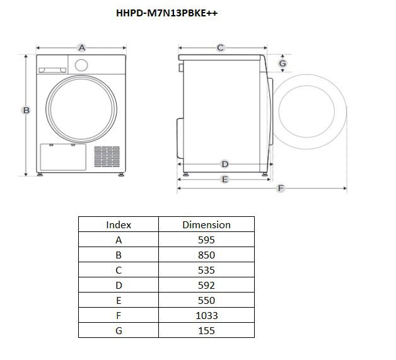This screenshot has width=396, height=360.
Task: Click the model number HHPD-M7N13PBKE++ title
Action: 166,13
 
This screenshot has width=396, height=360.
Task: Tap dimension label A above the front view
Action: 82,47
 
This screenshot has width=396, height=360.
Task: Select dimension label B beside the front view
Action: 26,110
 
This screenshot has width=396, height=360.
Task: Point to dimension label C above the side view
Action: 220,47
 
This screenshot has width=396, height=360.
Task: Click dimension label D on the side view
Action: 224,164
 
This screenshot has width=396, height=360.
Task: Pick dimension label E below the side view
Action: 224,180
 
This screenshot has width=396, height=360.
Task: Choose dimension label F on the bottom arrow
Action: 281,188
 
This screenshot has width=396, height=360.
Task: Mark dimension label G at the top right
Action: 282,63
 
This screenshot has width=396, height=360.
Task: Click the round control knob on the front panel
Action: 81,65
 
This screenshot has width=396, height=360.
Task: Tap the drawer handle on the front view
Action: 52,70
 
